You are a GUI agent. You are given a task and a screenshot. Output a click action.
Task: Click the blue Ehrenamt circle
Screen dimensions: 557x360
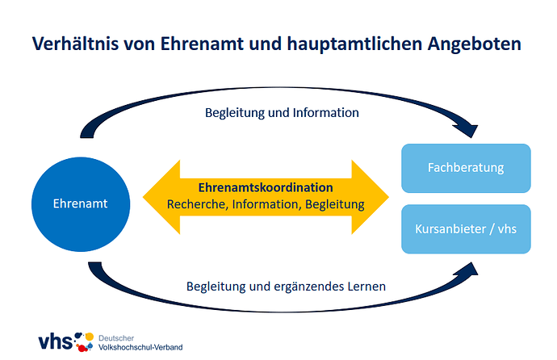click(81, 204)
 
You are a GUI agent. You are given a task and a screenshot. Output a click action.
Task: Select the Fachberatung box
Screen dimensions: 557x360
click(466, 168)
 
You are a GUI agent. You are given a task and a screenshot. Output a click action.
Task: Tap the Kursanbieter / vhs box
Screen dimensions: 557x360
click(466, 229)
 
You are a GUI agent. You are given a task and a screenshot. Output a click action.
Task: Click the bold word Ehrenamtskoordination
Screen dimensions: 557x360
click(266, 187)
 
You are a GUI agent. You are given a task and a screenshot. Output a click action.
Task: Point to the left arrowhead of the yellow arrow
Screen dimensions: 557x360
click(161, 197)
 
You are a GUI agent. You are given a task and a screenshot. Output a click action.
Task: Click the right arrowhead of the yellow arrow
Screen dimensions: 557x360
click(371, 197)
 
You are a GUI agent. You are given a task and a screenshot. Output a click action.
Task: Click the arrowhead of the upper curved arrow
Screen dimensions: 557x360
click(468, 131)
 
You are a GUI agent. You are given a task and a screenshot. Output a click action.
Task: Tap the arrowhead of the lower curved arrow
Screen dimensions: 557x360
click(468, 269)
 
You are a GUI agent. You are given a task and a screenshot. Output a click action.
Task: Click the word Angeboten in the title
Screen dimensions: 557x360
click(474, 44)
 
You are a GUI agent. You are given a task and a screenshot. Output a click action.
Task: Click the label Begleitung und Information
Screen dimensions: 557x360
click(282, 113)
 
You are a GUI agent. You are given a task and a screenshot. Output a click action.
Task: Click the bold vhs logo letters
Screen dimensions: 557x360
click(56, 341)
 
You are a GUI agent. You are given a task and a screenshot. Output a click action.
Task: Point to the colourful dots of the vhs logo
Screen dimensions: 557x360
click(84, 342)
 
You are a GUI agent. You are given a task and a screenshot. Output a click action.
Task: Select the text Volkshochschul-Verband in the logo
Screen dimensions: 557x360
click(140, 347)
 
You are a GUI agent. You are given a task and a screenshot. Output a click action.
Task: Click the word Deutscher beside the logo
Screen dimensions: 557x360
click(116, 338)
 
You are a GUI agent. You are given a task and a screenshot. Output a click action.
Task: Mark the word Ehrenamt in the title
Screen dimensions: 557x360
click(202, 44)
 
